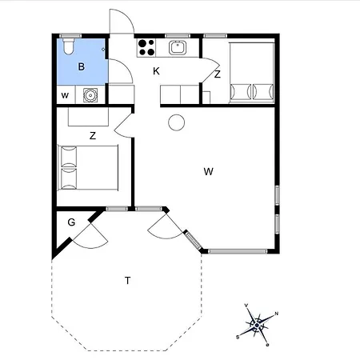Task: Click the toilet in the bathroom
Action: point(69,46)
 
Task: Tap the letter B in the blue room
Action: point(82,66)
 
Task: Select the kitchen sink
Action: point(178,47)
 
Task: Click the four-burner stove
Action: point(146,47)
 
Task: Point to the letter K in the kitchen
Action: point(156,71)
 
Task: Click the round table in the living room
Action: point(177,122)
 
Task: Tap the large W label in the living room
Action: point(209,171)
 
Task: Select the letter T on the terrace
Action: point(128,281)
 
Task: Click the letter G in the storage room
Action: point(71,222)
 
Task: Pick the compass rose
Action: point(257,325)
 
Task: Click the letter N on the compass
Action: point(277,314)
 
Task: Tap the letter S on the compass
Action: point(238,338)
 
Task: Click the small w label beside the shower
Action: point(65,95)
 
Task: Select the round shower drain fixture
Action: point(90,95)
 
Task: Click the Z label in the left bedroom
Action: point(93,136)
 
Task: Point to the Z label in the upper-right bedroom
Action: point(218,74)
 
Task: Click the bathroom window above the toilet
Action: point(70,36)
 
